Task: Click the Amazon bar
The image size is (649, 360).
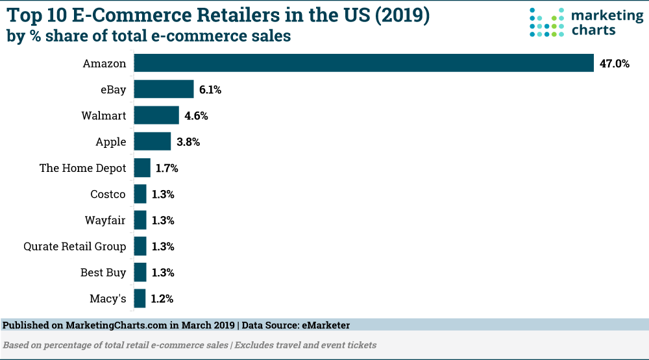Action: [x=363, y=63]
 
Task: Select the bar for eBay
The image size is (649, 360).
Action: [x=164, y=90]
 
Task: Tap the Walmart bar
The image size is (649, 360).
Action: [x=156, y=115]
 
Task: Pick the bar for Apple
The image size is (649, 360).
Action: [x=153, y=141]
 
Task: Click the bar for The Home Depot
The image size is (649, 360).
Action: [x=142, y=168]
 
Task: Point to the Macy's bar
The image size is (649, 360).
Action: [x=140, y=298]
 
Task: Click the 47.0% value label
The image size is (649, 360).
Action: [x=614, y=64]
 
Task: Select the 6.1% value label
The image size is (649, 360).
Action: [x=210, y=90]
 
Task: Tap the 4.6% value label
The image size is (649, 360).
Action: [x=195, y=116]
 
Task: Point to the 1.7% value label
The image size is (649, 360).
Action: [x=167, y=168]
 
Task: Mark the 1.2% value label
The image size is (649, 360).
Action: [x=162, y=298]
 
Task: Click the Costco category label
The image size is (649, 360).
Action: [x=108, y=194]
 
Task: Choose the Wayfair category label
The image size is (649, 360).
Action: [x=105, y=220]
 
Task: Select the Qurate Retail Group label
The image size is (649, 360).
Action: [x=75, y=246]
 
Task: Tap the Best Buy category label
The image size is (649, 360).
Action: [x=103, y=272]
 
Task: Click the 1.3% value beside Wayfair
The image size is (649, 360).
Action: [x=163, y=220]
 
